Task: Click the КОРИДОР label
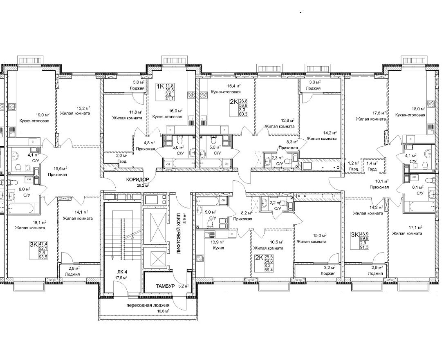tap(137, 179)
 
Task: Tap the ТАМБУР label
tap(165, 286)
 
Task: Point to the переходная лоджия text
tap(148, 305)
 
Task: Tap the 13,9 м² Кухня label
tap(218, 245)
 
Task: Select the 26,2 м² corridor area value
tap(143, 186)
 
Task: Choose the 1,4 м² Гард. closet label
tap(372, 166)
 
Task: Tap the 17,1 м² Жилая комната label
tap(407, 230)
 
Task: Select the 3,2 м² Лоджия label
tap(328, 271)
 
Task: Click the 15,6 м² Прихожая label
tap(58, 172)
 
